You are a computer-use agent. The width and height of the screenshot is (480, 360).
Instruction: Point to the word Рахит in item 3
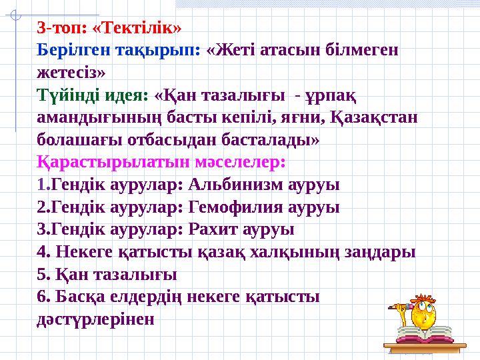point(213,230)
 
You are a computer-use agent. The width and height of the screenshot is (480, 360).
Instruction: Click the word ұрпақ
point(326,95)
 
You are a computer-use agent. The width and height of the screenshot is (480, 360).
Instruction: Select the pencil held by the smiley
point(399,307)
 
